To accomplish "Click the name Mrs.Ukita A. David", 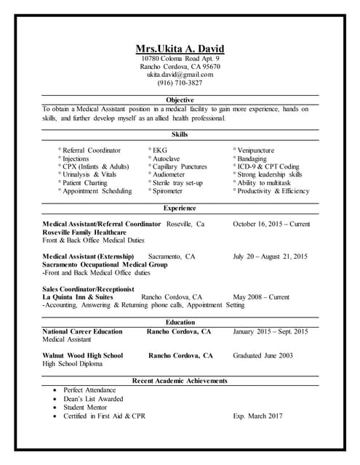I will click(180, 49).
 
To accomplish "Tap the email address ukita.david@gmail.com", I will click(180, 74).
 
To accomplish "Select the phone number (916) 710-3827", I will click(180, 83).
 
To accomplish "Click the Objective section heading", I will click(180, 100).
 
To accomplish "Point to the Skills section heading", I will click(180, 134).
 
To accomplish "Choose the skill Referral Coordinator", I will click(91, 150).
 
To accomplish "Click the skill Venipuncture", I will click(259, 150).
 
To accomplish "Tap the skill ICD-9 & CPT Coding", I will click(267, 166).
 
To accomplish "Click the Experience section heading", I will click(180, 208).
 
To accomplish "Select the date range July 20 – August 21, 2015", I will click(270, 256).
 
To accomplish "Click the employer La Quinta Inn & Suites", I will click(78, 297).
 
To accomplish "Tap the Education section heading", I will click(180, 322).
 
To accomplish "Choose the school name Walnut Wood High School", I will click(82, 356).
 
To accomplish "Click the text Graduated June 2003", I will click(263, 356).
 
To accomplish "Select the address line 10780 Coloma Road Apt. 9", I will click(180, 58).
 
